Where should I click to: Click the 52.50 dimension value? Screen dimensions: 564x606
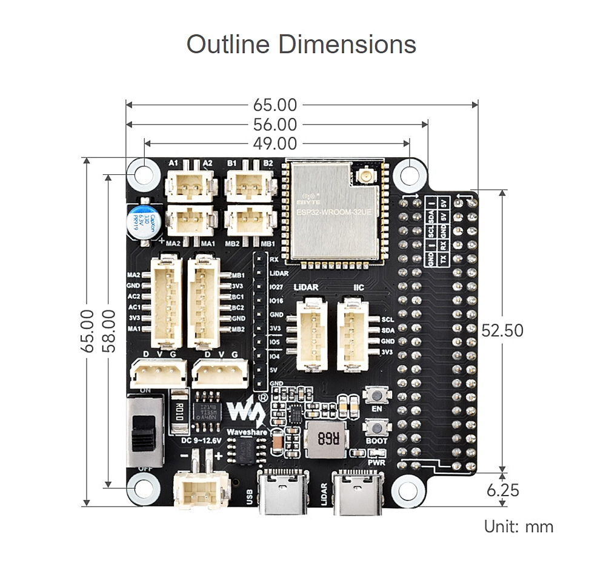click(x=502, y=330)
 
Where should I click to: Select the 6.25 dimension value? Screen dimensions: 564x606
click(x=502, y=490)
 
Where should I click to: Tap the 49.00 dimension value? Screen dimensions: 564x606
click(x=275, y=144)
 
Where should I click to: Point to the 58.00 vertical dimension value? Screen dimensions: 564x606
click(x=108, y=331)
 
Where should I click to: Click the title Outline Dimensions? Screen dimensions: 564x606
click(x=301, y=45)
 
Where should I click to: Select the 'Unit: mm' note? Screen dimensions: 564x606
click(x=519, y=526)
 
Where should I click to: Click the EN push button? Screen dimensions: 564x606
click(x=377, y=396)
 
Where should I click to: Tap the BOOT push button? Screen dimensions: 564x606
click(x=377, y=428)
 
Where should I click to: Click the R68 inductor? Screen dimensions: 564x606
click(x=325, y=440)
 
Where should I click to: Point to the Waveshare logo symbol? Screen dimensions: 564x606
click(x=245, y=412)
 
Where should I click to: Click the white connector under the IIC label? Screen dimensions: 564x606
click(x=353, y=334)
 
